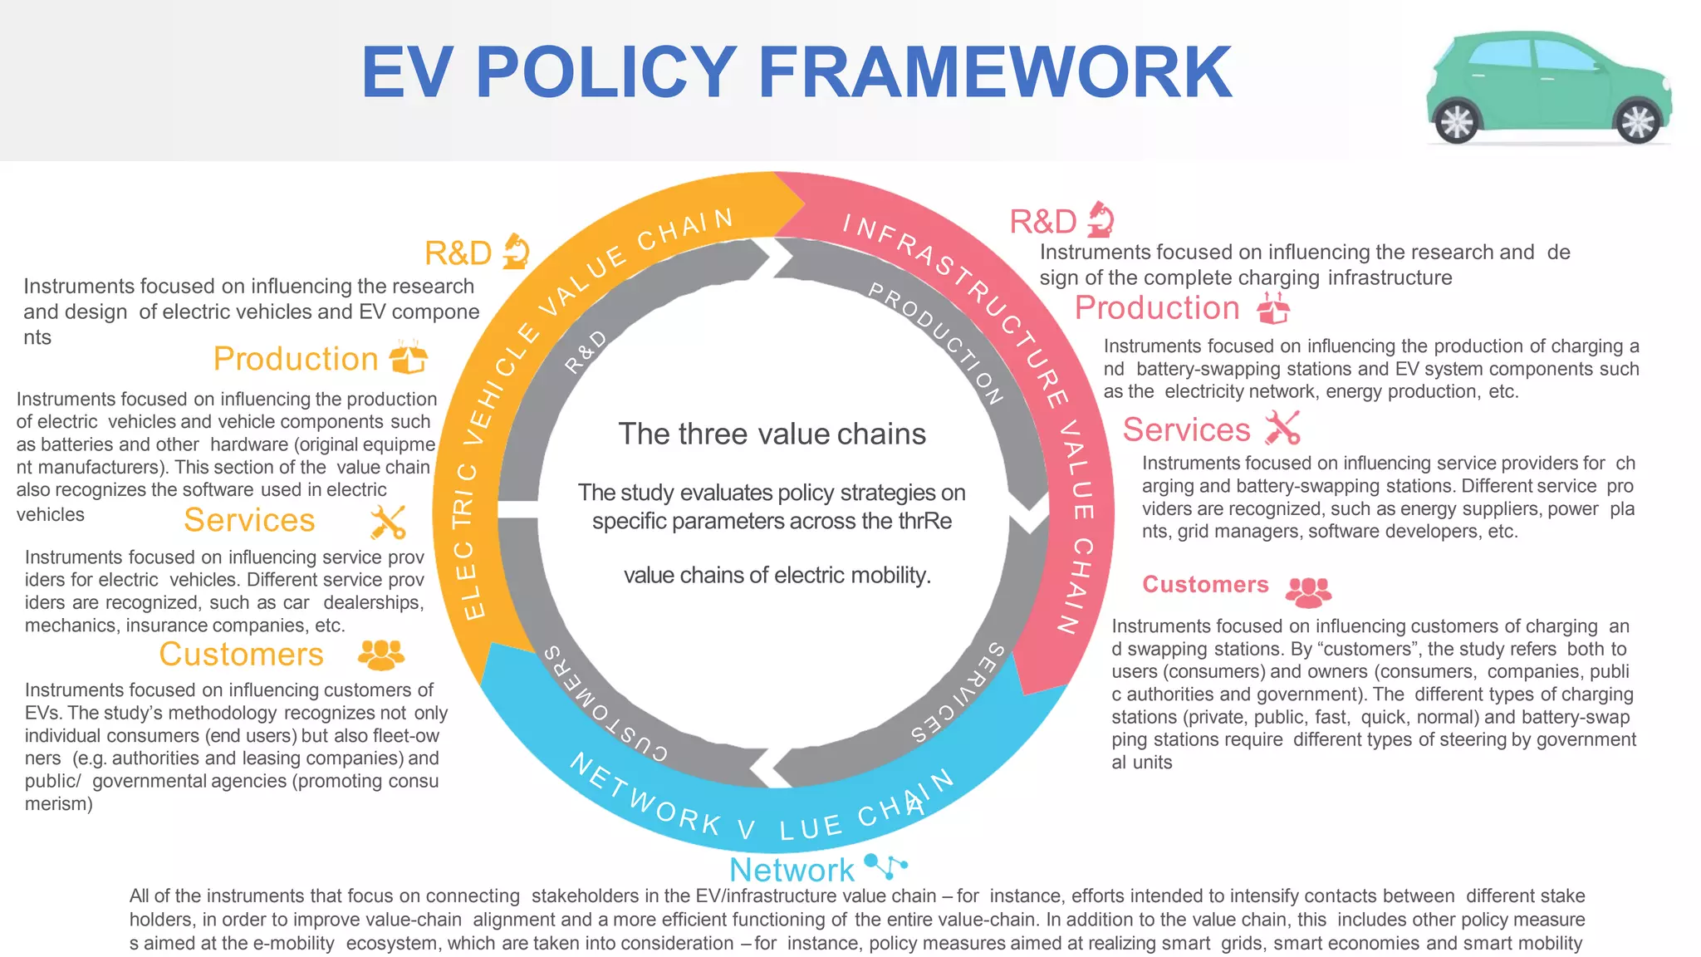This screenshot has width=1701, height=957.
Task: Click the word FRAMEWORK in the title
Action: [x=995, y=72]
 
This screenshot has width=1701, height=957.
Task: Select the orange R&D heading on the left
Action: [x=458, y=253]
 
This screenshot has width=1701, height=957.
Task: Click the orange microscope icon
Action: [x=516, y=251]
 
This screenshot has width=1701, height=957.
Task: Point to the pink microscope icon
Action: [x=1101, y=219]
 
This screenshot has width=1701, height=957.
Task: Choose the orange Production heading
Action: [x=296, y=359]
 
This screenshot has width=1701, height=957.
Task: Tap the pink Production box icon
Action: [x=1273, y=307]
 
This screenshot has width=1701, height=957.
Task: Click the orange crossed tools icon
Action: [x=388, y=522]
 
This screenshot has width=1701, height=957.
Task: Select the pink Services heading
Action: [x=1186, y=430]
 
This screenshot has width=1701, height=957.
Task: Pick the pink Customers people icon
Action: [x=1308, y=591]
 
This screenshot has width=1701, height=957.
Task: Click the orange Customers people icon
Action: [x=381, y=655]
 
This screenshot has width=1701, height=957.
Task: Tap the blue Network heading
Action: [x=792, y=870]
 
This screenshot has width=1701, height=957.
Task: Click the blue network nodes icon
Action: [x=886, y=866]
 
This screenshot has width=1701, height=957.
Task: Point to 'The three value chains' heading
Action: [x=772, y=434]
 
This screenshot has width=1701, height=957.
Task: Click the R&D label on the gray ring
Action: [x=586, y=351]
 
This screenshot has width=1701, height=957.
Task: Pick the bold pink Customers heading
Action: [x=1205, y=585]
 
